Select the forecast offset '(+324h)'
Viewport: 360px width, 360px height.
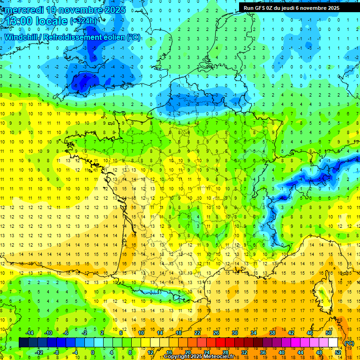[84, 21]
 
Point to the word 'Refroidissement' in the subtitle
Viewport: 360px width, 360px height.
[82, 37]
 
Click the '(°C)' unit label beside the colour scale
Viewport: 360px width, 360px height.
[349, 344]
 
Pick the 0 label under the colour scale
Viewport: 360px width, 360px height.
[92, 352]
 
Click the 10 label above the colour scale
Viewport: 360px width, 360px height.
[141, 333]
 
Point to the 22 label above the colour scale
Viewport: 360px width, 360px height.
[197, 333]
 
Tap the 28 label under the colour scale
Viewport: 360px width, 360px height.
[225, 352]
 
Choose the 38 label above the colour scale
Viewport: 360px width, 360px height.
[272, 333]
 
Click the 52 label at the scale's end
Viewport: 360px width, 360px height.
[338, 352]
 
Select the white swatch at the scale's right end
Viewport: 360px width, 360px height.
[333, 343]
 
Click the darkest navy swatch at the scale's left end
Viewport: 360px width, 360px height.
[23, 343]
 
